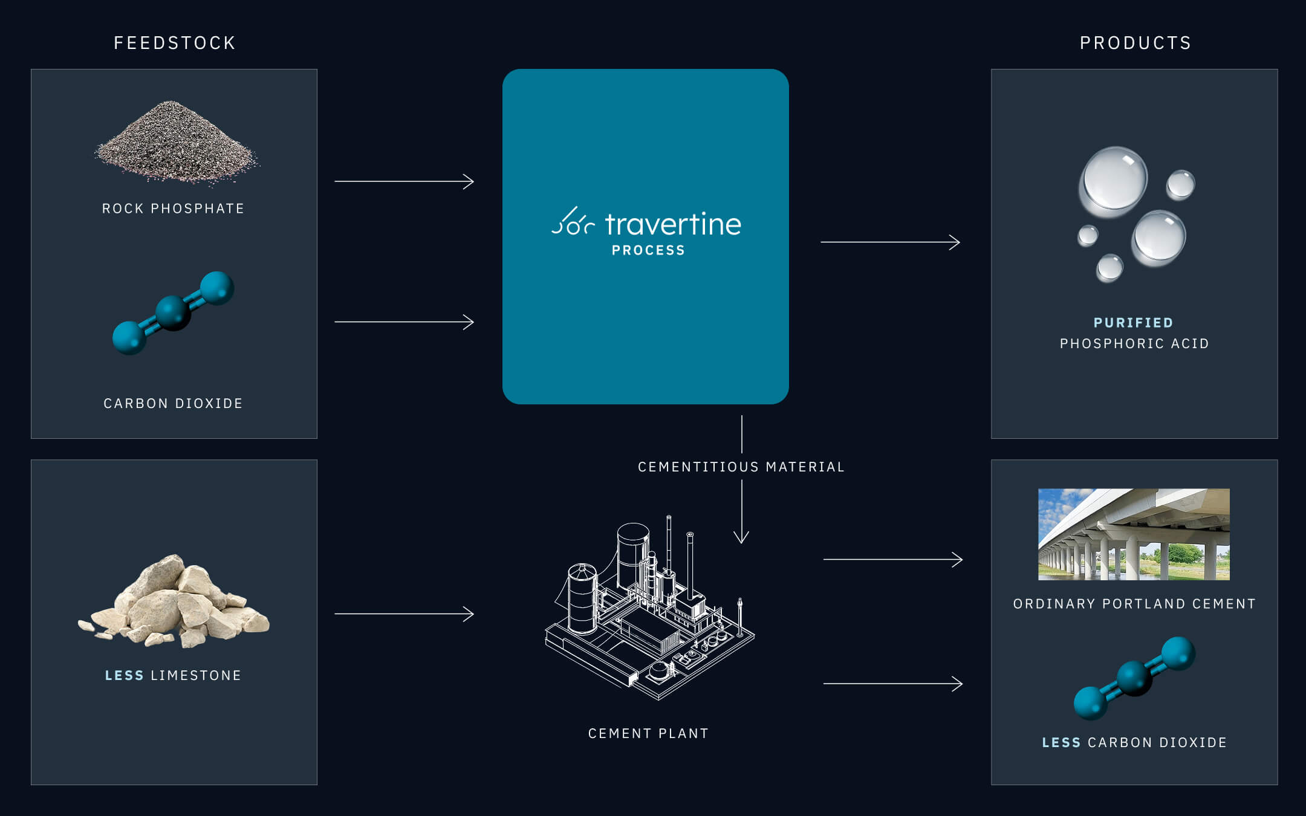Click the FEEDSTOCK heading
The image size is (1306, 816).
(x=175, y=43)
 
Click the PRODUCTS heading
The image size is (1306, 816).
(x=1135, y=43)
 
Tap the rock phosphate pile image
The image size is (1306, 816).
(x=176, y=143)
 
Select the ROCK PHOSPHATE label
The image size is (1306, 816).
(x=173, y=209)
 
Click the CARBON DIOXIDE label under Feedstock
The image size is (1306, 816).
(x=173, y=403)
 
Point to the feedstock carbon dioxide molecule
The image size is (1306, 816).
(x=174, y=312)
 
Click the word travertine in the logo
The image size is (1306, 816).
(x=673, y=224)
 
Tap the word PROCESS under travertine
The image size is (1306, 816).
(x=648, y=250)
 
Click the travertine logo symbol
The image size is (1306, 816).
(x=573, y=222)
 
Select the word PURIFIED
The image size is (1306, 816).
(x=1134, y=323)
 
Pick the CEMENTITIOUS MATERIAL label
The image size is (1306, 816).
(x=741, y=467)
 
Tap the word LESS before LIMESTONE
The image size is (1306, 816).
(x=125, y=675)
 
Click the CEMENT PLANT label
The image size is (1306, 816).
(x=648, y=733)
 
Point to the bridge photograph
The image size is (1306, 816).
(x=1134, y=534)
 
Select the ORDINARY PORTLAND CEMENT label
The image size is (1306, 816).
(x=1134, y=604)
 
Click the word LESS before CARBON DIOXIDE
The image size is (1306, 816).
(x=1061, y=742)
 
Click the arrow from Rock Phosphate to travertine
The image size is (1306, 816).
(x=404, y=181)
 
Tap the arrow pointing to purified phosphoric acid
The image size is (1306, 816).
(x=890, y=242)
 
